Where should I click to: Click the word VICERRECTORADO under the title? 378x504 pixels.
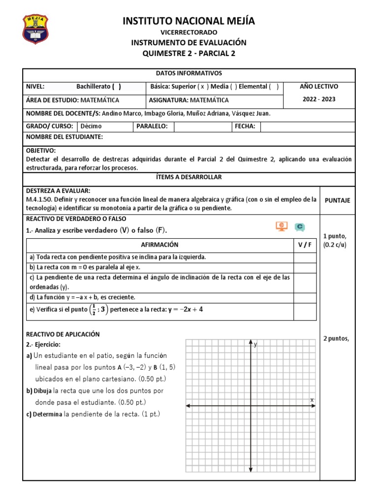pyautogui.click(x=189, y=32)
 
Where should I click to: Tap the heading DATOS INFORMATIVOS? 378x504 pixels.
pyautogui.click(x=189, y=73)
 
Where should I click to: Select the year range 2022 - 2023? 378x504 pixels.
pyautogui.click(x=319, y=99)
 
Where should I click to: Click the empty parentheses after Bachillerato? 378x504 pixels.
pyautogui.click(x=116, y=87)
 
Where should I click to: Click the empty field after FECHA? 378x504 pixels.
pyautogui.click(x=307, y=126)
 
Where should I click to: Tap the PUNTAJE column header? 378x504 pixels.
pyautogui.click(x=337, y=201)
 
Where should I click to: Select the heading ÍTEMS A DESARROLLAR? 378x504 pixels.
pyautogui.click(x=189, y=177)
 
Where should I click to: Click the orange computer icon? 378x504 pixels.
pyautogui.click(x=281, y=226)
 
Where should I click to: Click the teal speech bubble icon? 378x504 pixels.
pyautogui.click(x=299, y=227)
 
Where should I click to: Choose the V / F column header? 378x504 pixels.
pyautogui.click(x=305, y=245)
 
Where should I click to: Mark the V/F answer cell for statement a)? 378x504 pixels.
pyautogui.click(x=305, y=257)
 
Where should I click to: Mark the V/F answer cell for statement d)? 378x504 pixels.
pyautogui.click(x=305, y=297)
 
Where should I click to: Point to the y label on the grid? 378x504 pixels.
pyautogui.click(x=256, y=345)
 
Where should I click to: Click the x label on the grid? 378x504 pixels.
pyautogui.click(x=312, y=400)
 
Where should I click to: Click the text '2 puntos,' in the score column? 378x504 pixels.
pyautogui.click(x=336, y=338)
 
